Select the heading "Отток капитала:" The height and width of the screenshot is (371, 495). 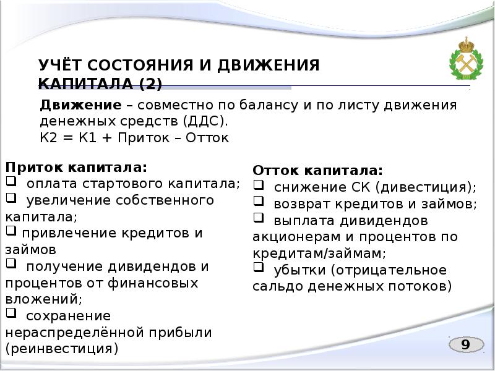(318, 171)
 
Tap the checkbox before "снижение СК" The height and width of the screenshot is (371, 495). (259, 185)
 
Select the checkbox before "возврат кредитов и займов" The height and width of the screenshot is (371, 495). (259, 202)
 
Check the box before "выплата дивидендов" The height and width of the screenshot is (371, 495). (259, 219)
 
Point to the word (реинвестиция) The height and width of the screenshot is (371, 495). (61, 349)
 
